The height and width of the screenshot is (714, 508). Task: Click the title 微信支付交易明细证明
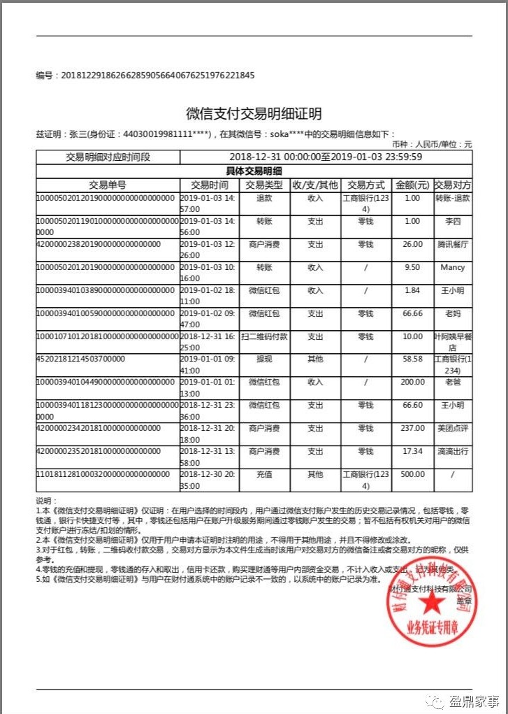pos(254,114)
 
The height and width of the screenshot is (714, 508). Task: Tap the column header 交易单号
pos(108,185)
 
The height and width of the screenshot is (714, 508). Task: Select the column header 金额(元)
pos(412,185)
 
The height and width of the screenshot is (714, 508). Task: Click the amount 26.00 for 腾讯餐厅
pos(412,244)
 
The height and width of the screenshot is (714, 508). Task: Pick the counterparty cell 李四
pos(453,221)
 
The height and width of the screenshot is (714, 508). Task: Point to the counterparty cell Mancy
pos(453,267)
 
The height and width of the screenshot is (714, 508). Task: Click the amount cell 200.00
pos(412,382)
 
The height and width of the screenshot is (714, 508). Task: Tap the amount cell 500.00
pos(412,474)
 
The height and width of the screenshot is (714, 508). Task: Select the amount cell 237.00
pos(412,428)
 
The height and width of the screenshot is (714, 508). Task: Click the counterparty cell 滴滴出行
pos(453,451)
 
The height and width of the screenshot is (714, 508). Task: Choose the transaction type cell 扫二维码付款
pos(265,336)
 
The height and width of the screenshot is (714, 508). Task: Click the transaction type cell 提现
pos(265,359)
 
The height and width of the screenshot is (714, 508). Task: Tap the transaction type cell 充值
pos(265,474)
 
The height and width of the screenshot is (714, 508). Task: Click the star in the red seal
pos(431,601)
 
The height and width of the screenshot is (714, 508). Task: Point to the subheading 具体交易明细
pos(254,171)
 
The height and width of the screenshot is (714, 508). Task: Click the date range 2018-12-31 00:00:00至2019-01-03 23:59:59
pos(326,157)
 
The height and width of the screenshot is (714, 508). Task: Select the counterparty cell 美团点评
pos(453,428)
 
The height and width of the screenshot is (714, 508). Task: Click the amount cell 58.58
pos(412,359)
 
